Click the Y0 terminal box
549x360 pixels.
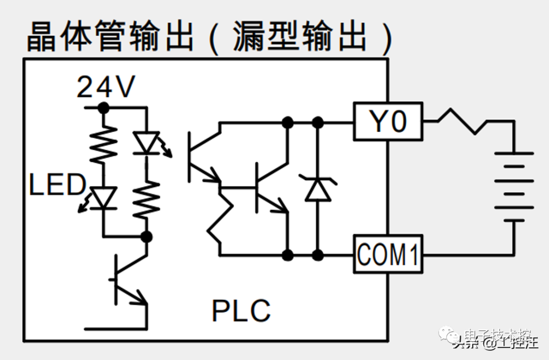pyautogui.click(x=388, y=122)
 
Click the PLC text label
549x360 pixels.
pyautogui.click(x=241, y=311)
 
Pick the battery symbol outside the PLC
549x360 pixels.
pyautogui.click(x=514, y=187)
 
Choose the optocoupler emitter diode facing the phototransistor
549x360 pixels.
pyautogui.click(x=146, y=143)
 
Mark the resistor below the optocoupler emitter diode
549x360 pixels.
pyautogui.click(x=146, y=199)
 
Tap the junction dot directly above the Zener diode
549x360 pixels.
pyautogui.click(x=318, y=122)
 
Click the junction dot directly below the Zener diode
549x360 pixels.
pyautogui.click(x=318, y=254)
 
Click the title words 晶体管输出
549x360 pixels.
pyautogui.click(x=110, y=37)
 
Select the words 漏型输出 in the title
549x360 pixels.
pyautogui.click(x=300, y=37)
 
